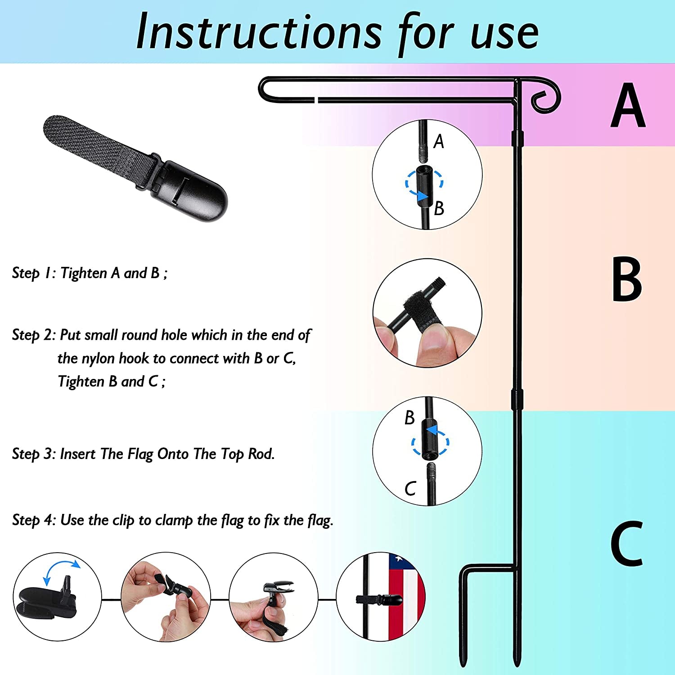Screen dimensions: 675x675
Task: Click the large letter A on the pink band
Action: pos(628,105)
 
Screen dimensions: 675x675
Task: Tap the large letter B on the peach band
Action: pos(627,279)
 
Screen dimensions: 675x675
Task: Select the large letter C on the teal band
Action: pos(626,543)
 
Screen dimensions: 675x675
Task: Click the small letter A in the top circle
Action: pos(439,142)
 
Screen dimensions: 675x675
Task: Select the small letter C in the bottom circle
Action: pos(410,489)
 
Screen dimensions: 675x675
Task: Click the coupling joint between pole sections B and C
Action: pos(517,400)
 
